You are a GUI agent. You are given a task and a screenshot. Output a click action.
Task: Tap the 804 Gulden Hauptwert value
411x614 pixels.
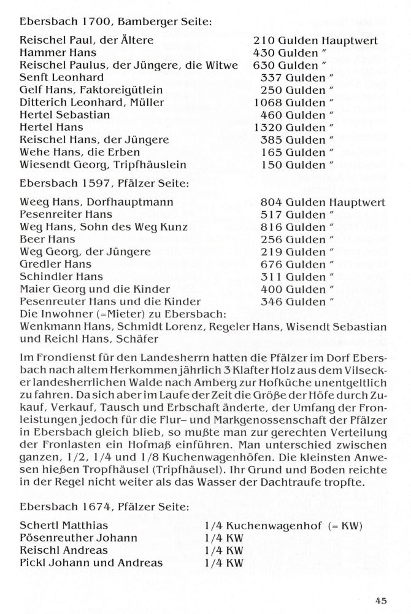click(319, 201)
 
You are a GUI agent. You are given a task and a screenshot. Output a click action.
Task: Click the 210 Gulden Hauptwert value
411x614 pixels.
click(319, 41)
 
